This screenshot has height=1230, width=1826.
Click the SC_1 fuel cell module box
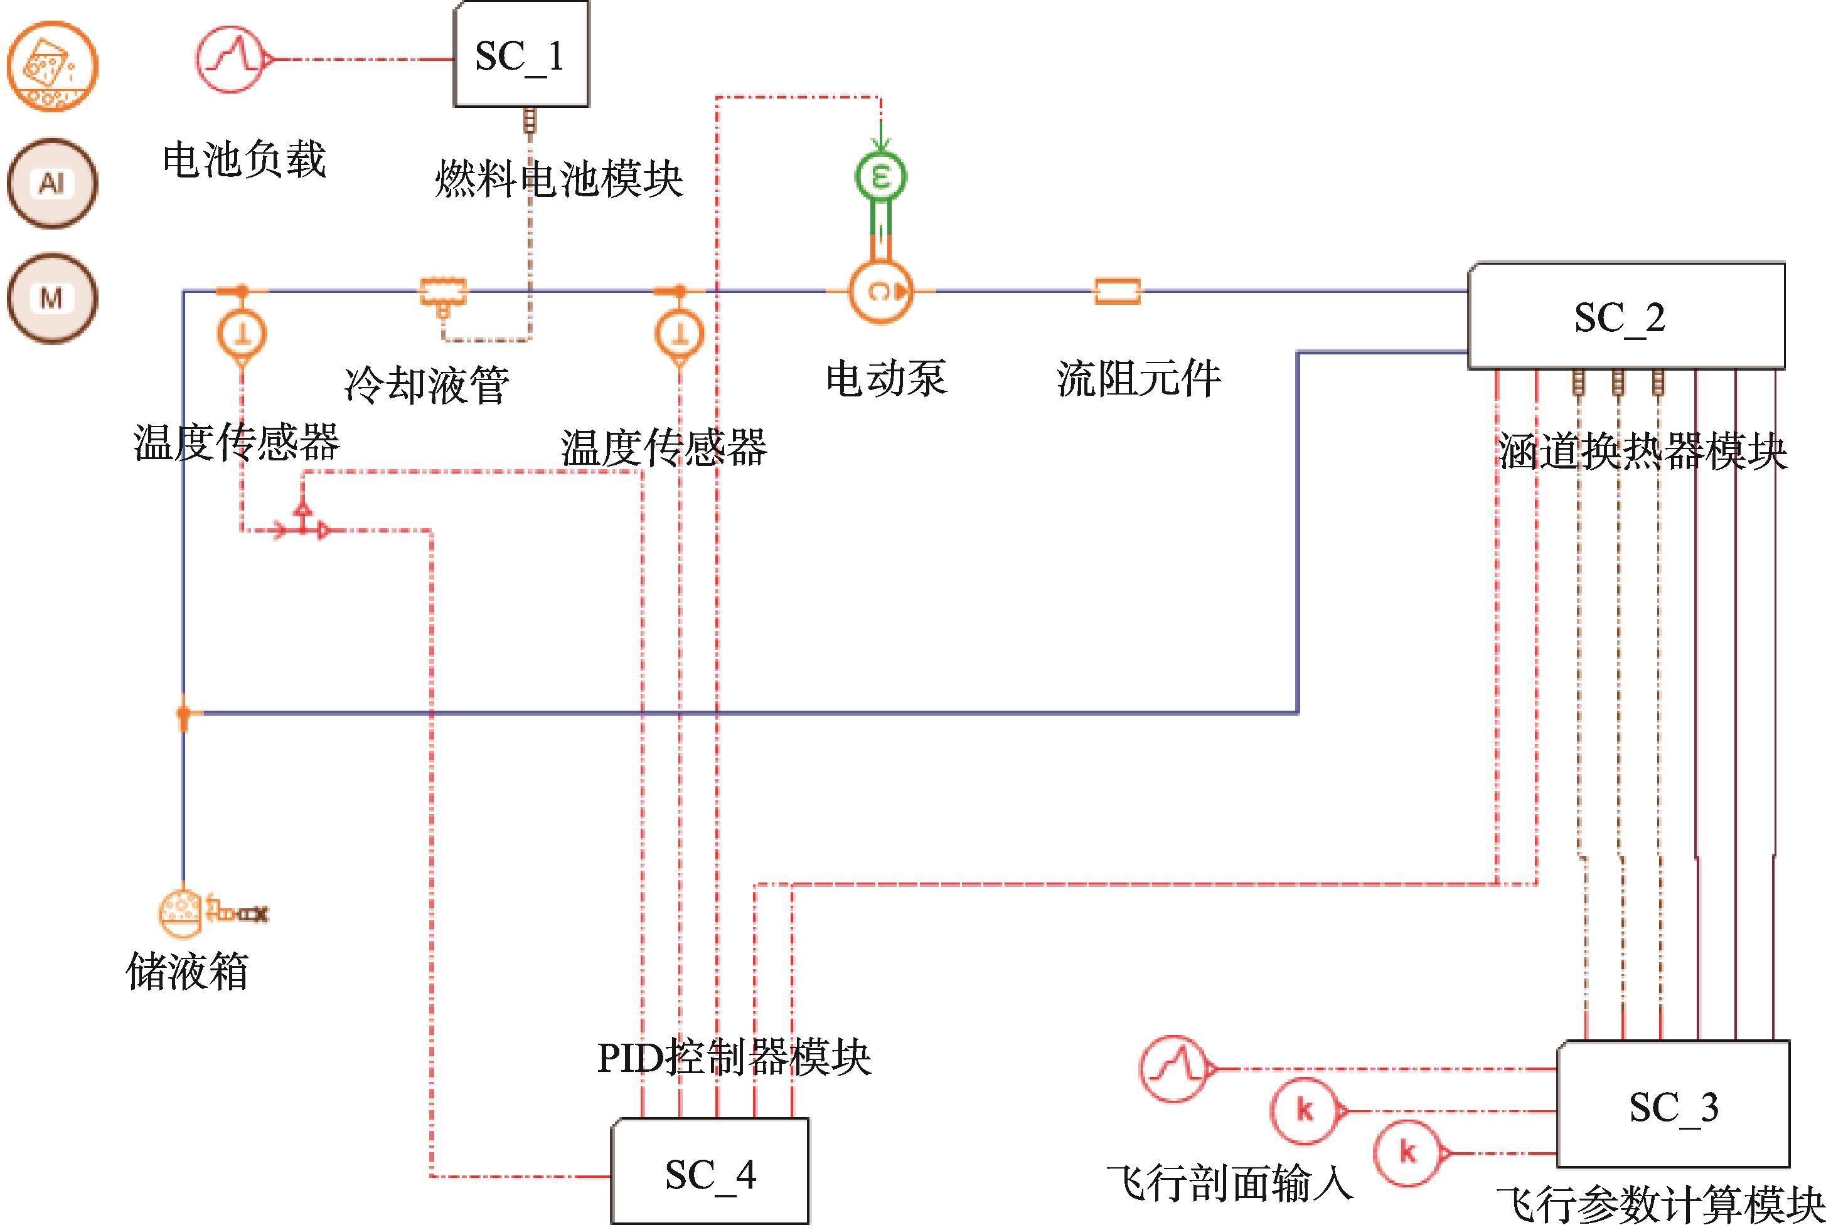click(520, 55)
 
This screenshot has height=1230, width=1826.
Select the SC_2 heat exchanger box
click(1625, 316)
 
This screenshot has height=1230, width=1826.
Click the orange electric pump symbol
click(880, 292)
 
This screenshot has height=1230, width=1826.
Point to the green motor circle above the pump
click(880, 176)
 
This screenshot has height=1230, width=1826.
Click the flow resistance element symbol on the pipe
click(1117, 292)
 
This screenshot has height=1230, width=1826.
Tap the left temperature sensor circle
click(242, 334)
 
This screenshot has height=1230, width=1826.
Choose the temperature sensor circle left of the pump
click(680, 334)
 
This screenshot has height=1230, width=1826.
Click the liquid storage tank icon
click(181, 912)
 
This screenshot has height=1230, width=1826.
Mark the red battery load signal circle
click(229, 59)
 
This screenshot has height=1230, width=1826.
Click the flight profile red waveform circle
click(1174, 1068)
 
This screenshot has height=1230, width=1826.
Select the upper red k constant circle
click(1304, 1110)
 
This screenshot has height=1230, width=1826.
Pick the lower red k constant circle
click(1407, 1152)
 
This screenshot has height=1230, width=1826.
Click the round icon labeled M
click(53, 297)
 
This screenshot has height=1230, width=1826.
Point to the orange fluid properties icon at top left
click(53, 66)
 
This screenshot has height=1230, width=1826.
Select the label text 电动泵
click(886, 378)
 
